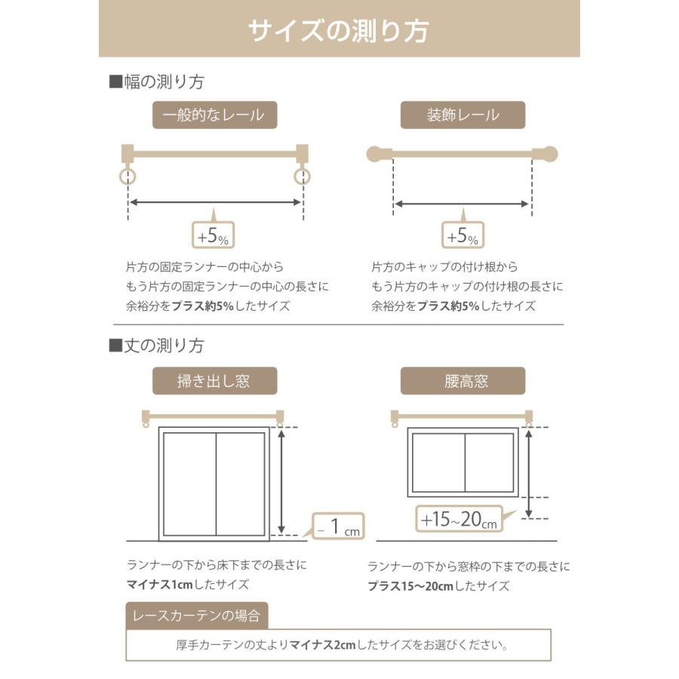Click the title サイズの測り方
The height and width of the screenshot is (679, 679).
(x=339, y=30)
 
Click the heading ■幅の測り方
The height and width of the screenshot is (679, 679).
(x=156, y=81)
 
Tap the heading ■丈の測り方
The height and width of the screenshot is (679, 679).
(x=156, y=346)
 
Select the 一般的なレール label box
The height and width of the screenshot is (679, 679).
(x=214, y=115)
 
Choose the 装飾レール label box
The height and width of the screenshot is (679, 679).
(x=462, y=115)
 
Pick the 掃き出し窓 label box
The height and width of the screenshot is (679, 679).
(x=214, y=381)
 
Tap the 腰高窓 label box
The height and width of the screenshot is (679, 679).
(x=462, y=381)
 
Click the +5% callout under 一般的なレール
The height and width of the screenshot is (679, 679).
(x=214, y=236)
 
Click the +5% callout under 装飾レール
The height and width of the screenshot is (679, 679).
(x=462, y=236)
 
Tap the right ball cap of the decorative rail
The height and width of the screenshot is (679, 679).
(x=549, y=154)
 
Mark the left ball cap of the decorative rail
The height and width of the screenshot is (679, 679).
(x=375, y=154)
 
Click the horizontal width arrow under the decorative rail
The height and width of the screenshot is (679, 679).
(x=462, y=204)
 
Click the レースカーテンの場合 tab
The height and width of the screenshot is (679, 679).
(x=196, y=616)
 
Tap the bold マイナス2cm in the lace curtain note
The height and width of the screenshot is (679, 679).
(x=321, y=645)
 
